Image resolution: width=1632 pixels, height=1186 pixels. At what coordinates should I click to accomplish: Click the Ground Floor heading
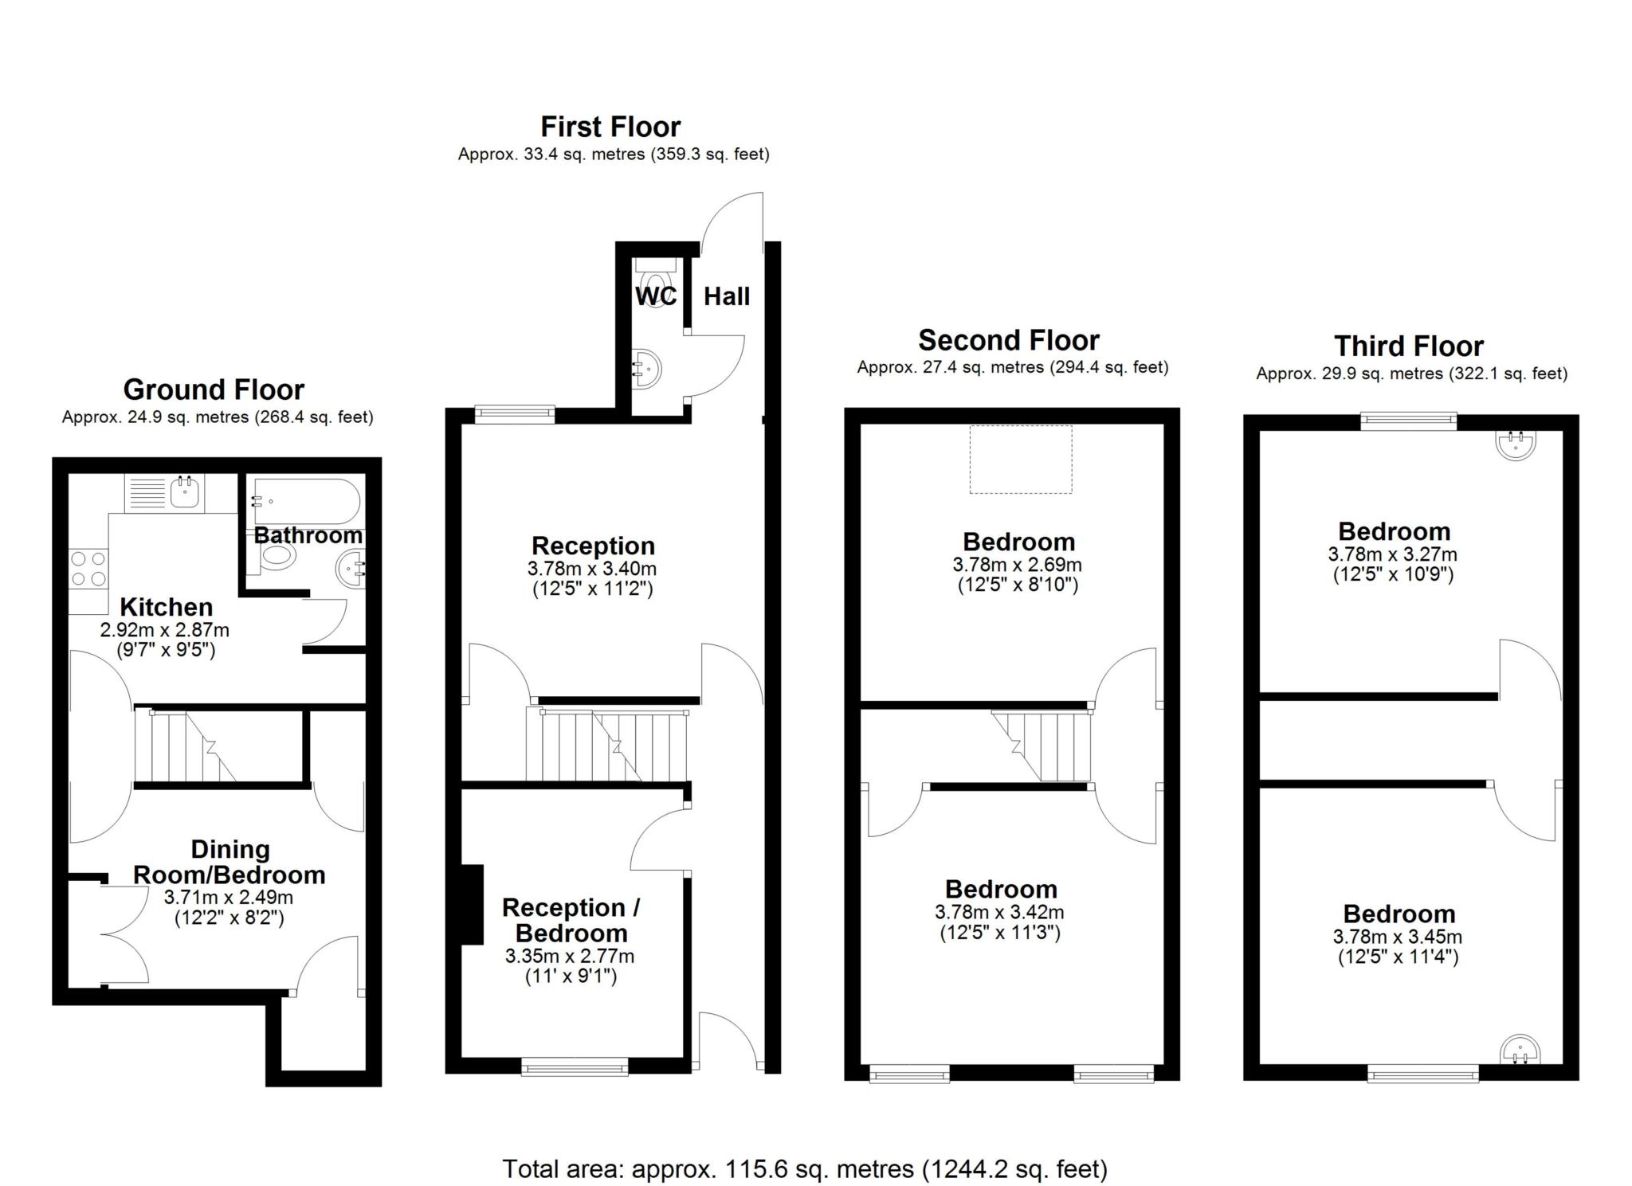214,389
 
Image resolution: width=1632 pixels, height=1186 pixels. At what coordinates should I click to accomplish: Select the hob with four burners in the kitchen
88,569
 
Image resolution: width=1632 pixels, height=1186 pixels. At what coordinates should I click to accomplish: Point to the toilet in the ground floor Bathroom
273,558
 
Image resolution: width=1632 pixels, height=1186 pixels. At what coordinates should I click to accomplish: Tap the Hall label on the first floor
726,296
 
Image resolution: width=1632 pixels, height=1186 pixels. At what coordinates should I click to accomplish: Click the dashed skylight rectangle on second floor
1020,459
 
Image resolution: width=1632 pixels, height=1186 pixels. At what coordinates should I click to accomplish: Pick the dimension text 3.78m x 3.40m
591,569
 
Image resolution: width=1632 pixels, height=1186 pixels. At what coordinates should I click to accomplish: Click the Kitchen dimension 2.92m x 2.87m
165,630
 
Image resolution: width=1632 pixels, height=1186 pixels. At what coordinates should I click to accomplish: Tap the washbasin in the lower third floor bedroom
1520,1050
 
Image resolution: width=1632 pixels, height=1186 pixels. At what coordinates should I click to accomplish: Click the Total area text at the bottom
804,1168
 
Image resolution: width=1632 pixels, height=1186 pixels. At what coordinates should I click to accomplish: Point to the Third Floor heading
1408,346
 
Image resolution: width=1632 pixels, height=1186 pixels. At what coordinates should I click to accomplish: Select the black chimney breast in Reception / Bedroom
473,904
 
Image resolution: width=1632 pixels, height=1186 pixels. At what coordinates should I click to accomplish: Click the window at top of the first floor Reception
514,413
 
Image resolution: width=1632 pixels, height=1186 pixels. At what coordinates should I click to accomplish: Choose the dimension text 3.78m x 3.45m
1397,937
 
